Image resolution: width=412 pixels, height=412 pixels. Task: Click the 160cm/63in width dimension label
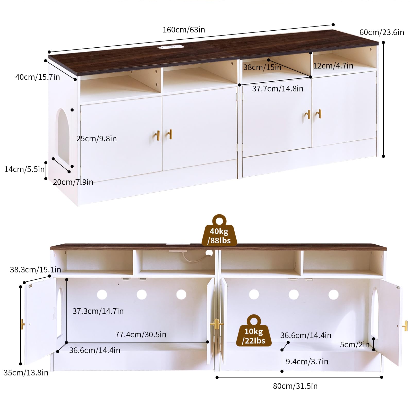point(184,30)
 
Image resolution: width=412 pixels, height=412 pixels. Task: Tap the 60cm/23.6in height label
point(381,32)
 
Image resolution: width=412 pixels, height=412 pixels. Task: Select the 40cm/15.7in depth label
point(37,77)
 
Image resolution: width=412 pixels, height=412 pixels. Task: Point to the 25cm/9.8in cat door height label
point(96,139)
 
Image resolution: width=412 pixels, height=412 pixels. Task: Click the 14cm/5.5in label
point(24,169)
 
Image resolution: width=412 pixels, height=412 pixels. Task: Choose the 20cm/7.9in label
point(73,182)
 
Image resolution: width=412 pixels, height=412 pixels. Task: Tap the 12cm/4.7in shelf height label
point(333,66)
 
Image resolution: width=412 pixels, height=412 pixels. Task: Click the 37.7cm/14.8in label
point(278,89)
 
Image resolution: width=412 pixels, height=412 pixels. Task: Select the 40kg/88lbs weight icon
point(219,231)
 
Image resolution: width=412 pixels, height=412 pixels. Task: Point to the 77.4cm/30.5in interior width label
point(141,334)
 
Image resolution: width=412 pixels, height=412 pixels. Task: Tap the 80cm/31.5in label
point(295,386)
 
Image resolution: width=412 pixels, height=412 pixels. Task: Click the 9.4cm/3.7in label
point(307,362)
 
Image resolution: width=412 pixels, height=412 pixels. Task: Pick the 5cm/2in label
point(354,345)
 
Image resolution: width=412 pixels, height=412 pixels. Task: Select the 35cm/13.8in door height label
point(26,373)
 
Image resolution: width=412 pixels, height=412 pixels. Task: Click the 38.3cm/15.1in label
point(35,270)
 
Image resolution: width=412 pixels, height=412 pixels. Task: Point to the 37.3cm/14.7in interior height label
point(98,311)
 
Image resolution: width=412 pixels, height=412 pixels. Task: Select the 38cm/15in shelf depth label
point(262,67)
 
